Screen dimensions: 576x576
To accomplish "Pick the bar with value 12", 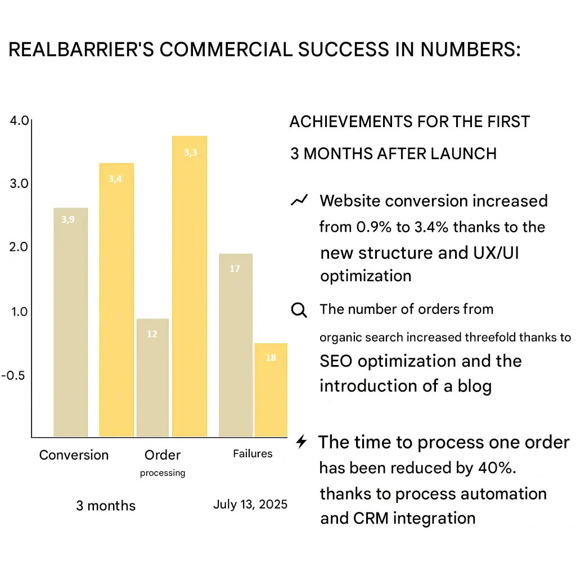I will (152, 377).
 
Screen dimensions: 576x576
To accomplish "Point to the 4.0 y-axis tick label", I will (19, 121).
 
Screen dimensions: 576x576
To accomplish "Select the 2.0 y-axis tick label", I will (20, 247).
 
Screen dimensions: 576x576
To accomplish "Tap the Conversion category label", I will (74, 455).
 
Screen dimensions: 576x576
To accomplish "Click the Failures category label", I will (253, 453).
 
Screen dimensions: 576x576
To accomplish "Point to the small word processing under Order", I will (163, 473).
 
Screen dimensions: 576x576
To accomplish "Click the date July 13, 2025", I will (250, 504).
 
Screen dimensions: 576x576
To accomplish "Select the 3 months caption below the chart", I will (106, 506).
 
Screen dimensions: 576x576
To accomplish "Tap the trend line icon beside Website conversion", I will (299, 200).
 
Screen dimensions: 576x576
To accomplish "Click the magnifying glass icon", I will (299, 310).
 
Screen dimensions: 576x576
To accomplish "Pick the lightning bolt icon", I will (301, 442).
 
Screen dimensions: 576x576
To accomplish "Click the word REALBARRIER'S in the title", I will (82, 50).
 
